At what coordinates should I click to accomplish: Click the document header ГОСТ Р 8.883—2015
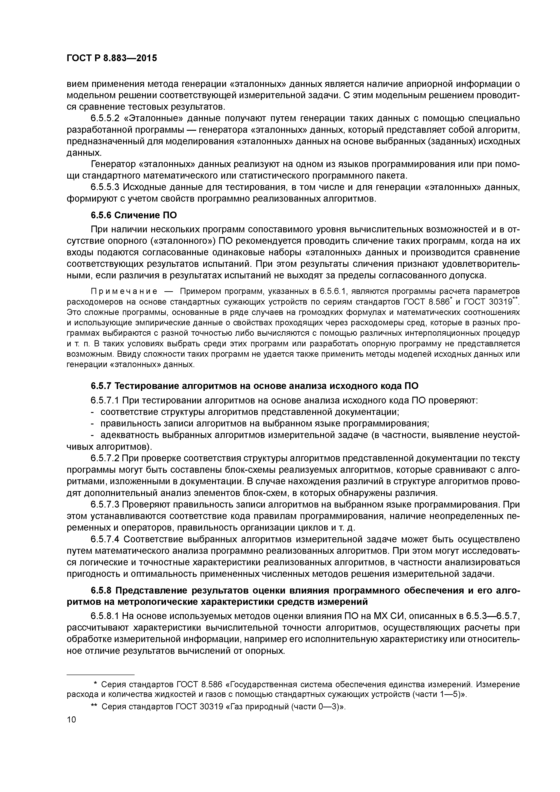[x=112, y=58]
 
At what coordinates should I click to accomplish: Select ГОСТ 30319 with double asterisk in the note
[x=489, y=302]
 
